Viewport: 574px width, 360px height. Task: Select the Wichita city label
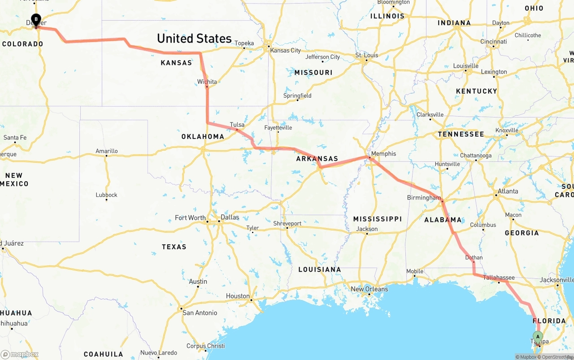(x=207, y=82)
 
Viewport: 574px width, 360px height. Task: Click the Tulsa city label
(x=237, y=125)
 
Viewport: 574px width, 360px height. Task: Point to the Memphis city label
(x=383, y=154)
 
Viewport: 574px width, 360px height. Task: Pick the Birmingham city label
(x=424, y=198)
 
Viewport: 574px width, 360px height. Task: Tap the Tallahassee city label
(x=499, y=278)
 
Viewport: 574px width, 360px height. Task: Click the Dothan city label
(x=474, y=257)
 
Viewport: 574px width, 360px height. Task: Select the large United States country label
(x=194, y=39)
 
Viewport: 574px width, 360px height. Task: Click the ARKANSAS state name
(x=317, y=159)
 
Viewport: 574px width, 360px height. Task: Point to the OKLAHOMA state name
(x=203, y=137)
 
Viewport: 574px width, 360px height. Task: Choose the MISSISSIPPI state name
(x=377, y=219)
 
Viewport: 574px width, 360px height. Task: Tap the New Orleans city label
(x=369, y=289)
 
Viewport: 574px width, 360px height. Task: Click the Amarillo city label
(x=106, y=151)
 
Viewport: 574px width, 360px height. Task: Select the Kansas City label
(x=285, y=50)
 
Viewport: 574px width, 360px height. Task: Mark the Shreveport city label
(x=287, y=223)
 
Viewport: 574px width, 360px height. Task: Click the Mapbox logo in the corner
(x=20, y=354)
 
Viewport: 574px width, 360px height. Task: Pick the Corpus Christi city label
(x=205, y=346)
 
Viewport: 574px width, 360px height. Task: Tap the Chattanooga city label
(x=476, y=156)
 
